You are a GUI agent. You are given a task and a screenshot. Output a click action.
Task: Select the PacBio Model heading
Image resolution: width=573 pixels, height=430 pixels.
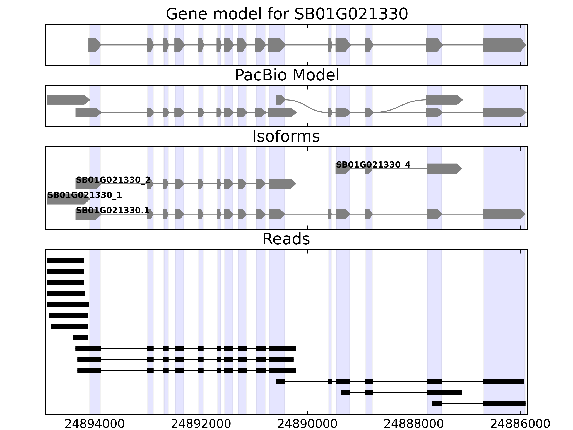[x=287, y=75]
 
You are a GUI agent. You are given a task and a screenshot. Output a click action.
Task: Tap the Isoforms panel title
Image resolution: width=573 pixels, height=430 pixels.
[x=286, y=137]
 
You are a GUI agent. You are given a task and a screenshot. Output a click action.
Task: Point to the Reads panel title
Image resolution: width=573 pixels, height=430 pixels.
[x=286, y=239]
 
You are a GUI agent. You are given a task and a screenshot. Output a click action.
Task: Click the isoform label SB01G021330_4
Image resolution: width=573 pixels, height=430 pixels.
[x=373, y=165]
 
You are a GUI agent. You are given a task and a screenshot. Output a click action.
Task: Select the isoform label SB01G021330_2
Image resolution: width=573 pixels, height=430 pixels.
[x=113, y=180]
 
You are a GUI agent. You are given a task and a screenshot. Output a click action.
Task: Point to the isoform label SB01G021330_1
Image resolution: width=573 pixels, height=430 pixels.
[x=85, y=195]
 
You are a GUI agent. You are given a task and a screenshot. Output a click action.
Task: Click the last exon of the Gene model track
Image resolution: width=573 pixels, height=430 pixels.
[x=504, y=45]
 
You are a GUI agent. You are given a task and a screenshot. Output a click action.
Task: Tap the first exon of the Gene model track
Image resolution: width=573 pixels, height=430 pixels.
[x=94, y=45]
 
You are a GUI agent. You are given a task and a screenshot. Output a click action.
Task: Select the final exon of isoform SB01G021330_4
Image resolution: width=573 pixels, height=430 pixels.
[x=444, y=168]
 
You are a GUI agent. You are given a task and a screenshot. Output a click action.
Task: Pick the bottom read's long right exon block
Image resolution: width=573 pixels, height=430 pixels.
[x=504, y=403]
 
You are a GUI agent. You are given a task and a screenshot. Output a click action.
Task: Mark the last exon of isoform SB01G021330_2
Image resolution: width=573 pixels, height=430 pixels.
[x=282, y=184]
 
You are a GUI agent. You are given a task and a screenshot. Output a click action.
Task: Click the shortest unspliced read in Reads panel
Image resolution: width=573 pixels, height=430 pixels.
[x=80, y=338]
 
